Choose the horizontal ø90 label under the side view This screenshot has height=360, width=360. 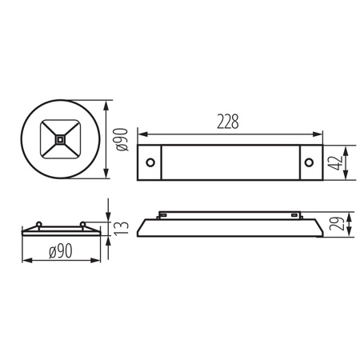click(62, 252)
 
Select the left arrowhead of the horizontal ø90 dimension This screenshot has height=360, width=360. click(23, 261)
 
